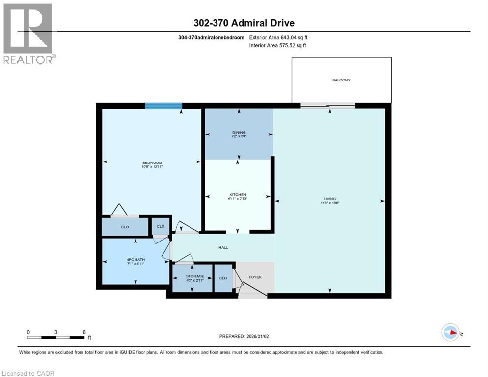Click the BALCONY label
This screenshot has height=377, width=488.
point(342,80)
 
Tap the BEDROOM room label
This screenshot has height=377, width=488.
point(152,162)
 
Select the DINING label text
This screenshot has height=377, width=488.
point(239,132)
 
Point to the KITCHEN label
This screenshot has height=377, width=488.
point(238,195)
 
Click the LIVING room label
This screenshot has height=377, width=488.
point(330,199)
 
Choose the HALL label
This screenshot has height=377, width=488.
point(223,248)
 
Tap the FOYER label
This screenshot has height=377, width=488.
point(255,277)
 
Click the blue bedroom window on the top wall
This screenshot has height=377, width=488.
point(163,106)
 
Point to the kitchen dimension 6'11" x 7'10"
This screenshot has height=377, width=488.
point(238,199)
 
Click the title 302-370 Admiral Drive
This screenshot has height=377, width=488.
point(244,23)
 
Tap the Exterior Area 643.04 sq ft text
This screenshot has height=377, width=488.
point(278,37)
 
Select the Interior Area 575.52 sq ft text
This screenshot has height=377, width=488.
point(278,46)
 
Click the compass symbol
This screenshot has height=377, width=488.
point(450,332)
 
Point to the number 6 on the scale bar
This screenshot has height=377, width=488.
point(84,331)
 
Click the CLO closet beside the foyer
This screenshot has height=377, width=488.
point(223,278)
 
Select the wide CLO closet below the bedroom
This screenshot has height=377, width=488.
point(125,227)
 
